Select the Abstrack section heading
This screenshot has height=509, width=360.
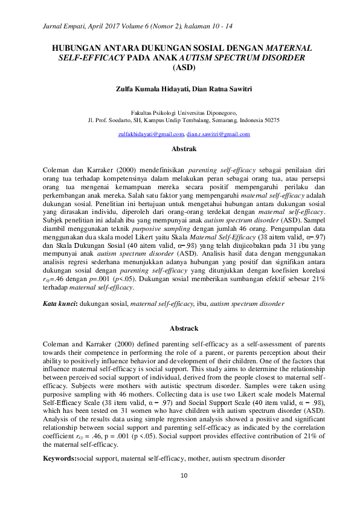[x=184, y=329]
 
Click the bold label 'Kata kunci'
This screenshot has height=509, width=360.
[x=59, y=302]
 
